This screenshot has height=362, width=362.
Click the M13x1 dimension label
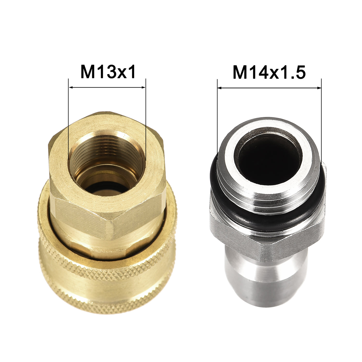108,72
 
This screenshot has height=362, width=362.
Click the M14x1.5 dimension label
269,72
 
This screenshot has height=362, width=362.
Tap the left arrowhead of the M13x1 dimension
71,88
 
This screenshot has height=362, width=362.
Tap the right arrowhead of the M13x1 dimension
144,88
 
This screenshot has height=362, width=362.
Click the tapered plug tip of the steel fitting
266,284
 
